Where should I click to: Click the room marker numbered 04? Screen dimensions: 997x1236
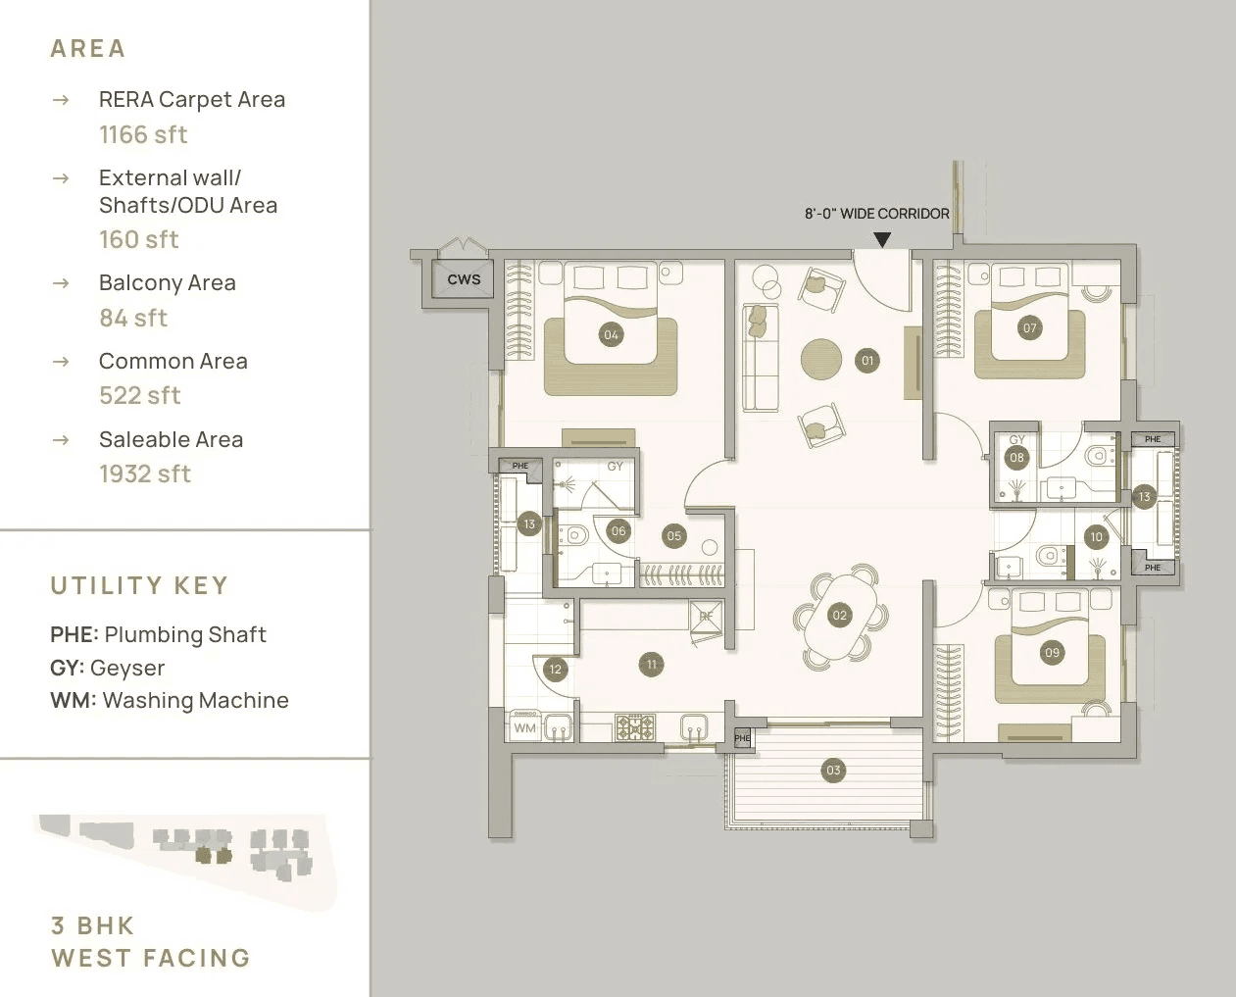(x=611, y=334)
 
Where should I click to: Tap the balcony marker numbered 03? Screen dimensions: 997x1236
(x=833, y=770)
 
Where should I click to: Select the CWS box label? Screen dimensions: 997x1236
(x=464, y=279)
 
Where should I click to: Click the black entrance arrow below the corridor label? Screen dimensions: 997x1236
(x=882, y=239)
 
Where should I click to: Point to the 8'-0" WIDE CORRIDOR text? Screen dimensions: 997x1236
(x=876, y=214)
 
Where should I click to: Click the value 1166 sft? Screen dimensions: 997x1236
(x=143, y=134)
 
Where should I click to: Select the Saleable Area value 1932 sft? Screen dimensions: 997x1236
(x=145, y=474)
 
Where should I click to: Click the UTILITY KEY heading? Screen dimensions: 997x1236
(x=139, y=585)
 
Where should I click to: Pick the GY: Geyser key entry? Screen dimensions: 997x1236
(x=108, y=668)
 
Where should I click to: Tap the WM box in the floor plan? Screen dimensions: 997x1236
(x=525, y=727)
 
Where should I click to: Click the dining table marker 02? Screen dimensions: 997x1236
(x=839, y=616)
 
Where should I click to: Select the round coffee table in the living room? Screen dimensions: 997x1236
(x=820, y=358)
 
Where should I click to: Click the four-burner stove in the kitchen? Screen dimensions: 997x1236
(x=635, y=726)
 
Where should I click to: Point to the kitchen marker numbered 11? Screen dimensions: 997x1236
(x=651, y=664)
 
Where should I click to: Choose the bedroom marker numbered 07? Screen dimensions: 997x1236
(x=1029, y=327)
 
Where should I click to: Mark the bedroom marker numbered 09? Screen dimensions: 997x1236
(x=1052, y=652)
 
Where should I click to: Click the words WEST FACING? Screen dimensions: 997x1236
(x=151, y=958)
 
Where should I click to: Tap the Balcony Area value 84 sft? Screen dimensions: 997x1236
(x=133, y=318)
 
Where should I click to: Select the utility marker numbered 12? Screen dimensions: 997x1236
(x=555, y=670)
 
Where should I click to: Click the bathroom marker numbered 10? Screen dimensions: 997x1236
(x=1096, y=536)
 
